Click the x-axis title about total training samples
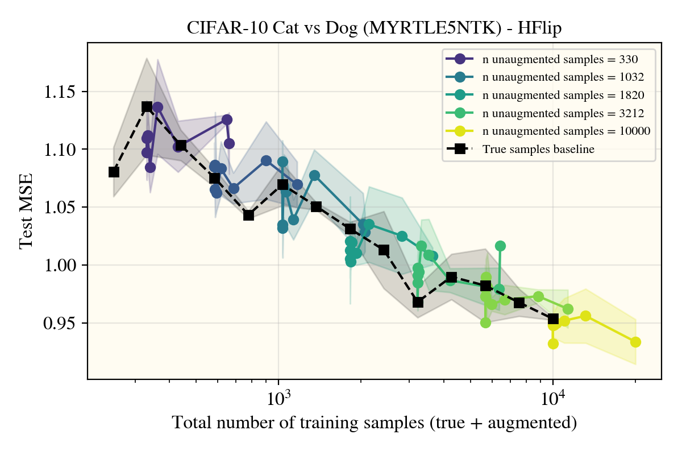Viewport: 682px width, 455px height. click(375, 423)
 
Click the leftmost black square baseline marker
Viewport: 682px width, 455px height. click(114, 172)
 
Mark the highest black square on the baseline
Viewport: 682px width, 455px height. click(147, 106)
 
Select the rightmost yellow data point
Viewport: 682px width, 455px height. click(635, 342)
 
